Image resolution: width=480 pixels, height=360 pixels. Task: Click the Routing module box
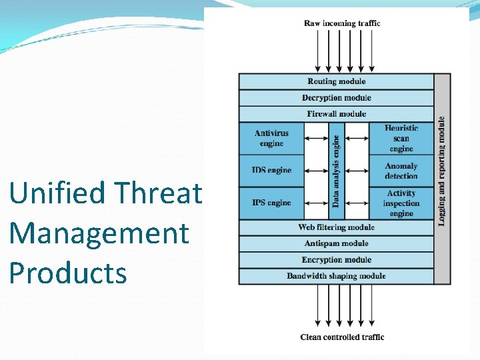(336, 81)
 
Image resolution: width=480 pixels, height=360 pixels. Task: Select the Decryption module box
(336, 98)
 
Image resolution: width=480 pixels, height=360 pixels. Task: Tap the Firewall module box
(336, 114)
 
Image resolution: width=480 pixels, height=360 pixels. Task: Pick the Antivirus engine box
(271, 139)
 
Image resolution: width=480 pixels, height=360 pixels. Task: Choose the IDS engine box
(271, 171)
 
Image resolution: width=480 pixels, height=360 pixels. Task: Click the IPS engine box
(271, 203)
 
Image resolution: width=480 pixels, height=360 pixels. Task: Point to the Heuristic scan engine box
(401, 139)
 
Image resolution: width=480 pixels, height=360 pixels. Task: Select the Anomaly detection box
(401, 171)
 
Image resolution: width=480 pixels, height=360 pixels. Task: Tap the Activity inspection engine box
(401, 203)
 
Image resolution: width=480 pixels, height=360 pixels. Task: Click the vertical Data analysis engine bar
(337, 171)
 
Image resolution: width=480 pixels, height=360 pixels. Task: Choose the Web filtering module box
(336, 228)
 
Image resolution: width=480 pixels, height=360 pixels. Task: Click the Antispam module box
(336, 244)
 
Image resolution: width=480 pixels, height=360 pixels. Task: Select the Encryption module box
(336, 260)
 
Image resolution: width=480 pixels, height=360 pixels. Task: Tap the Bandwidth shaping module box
(336, 276)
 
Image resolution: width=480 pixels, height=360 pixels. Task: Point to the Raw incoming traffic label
(342, 23)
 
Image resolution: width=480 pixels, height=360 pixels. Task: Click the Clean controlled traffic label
(342, 337)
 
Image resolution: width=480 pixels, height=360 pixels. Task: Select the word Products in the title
(68, 273)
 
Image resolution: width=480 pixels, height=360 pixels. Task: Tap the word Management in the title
(99, 234)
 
